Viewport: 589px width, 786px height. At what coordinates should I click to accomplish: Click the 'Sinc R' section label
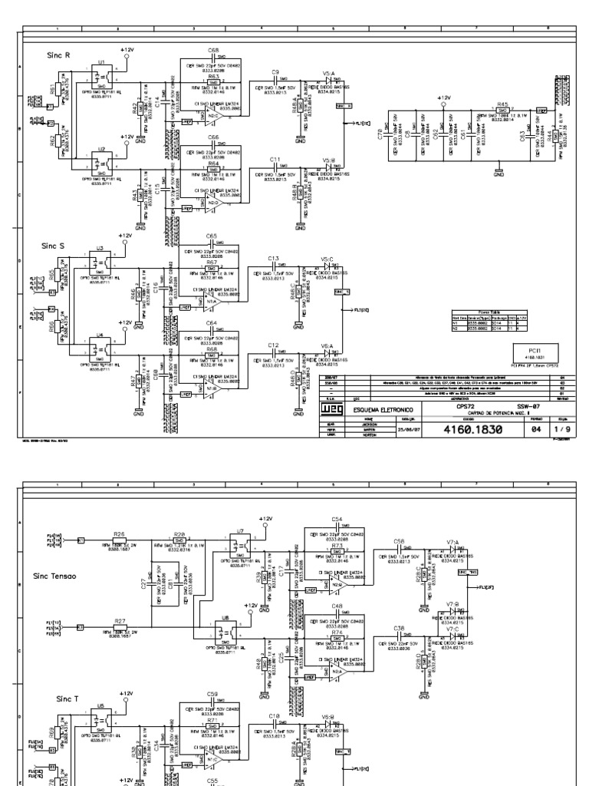(x=58, y=55)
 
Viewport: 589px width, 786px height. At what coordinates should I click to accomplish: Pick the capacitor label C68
(x=212, y=49)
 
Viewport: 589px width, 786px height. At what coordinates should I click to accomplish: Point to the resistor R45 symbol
(x=502, y=111)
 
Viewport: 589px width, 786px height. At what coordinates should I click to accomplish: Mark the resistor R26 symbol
(x=119, y=540)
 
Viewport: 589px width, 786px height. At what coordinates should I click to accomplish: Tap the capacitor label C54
(x=337, y=520)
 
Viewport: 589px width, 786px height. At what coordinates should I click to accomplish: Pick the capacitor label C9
(x=275, y=71)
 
